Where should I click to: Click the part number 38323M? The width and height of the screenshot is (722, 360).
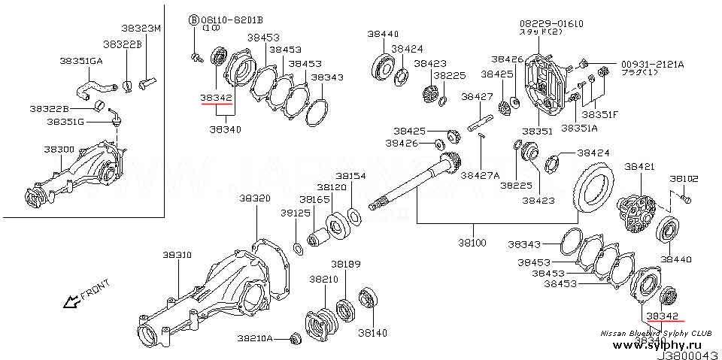pos(147,28)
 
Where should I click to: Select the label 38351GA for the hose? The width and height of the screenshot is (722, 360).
pos(81,60)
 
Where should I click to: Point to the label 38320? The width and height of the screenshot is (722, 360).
pos(255,198)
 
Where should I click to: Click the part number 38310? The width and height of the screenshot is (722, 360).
pos(177,255)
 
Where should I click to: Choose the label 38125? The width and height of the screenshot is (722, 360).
pos(296,213)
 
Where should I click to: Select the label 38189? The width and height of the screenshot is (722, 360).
pos(346,265)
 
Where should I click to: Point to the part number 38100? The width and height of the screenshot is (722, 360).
pos(472,244)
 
